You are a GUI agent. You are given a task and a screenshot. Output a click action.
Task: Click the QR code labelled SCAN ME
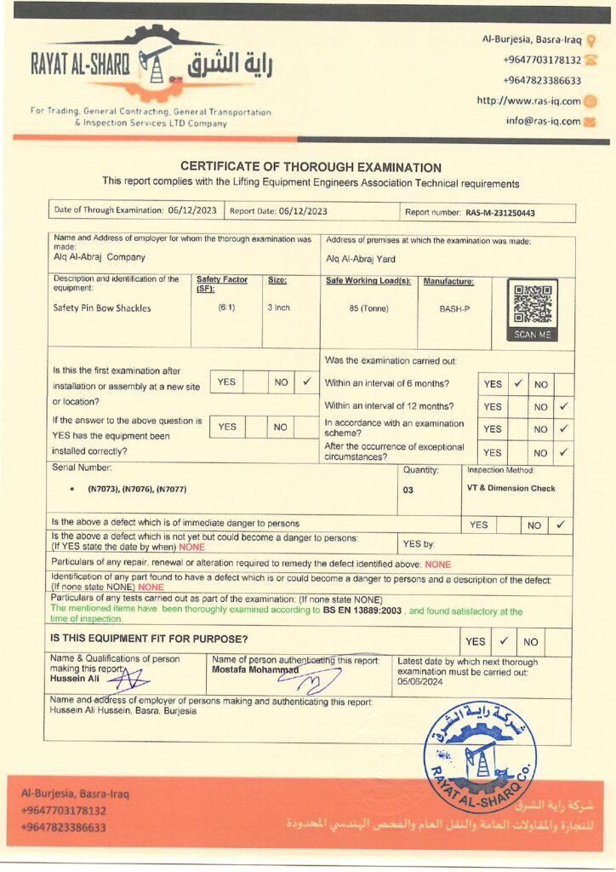coord(533,309)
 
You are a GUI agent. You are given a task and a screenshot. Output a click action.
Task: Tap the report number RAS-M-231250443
coord(500,213)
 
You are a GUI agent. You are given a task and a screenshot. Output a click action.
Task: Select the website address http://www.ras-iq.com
coord(528,101)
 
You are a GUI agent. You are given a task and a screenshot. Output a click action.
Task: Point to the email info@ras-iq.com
coord(543,121)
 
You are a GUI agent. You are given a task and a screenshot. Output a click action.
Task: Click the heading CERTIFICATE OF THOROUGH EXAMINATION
coord(311,168)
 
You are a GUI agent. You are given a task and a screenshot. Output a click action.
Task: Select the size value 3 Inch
coord(279,307)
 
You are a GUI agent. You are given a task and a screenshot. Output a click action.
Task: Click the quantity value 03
coord(408,490)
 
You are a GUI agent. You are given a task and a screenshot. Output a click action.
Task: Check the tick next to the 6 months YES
coord(517,384)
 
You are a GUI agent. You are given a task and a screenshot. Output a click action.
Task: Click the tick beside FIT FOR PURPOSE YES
coord(504,640)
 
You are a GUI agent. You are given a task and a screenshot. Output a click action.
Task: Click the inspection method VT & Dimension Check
coord(510,489)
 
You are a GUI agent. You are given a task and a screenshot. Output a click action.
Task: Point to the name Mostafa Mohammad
coord(255,670)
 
